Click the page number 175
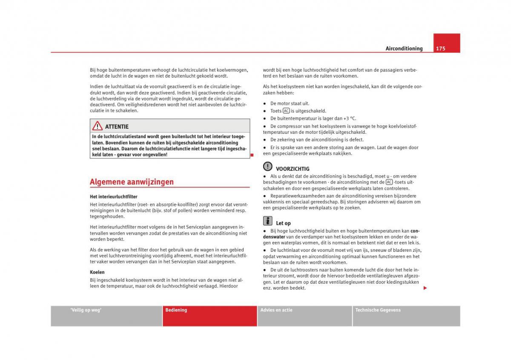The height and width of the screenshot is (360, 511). point(440,49)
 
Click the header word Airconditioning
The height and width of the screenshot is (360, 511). point(404,49)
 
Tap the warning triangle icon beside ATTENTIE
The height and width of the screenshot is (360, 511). point(97,126)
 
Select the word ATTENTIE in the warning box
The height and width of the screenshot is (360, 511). point(117,127)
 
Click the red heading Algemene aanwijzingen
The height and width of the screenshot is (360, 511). point(132,182)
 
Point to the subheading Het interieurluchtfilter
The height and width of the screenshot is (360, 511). point(113,197)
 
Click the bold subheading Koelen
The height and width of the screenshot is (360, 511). point(97,272)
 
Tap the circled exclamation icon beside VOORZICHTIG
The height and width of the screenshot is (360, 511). point(267,166)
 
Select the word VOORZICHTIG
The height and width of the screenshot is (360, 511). point(293,169)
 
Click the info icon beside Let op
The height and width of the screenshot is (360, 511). point(267,220)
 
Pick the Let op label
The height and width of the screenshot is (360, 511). point(283,223)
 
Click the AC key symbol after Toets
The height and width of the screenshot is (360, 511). point(286,111)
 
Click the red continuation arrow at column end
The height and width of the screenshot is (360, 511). point(425,288)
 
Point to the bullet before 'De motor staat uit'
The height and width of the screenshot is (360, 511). point(265,104)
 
